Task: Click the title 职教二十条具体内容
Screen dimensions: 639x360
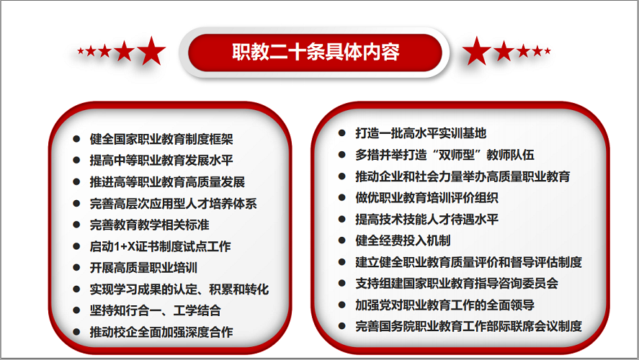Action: (x=316, y=52)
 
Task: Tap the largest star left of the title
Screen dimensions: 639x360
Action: (x=151, y=51)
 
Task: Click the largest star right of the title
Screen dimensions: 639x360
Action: (x=476, y=51)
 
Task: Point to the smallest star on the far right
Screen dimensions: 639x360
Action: (x=548, y=51)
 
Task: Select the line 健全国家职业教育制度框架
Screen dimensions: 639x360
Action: (x=161, y=139)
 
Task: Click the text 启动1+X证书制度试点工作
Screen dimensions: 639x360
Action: (x=160, y=246)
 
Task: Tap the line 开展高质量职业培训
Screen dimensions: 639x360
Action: (x=143, y=268)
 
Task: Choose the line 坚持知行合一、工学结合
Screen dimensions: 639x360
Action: (x=156, y=311)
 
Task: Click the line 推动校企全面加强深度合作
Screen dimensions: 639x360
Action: (x=161, y=332)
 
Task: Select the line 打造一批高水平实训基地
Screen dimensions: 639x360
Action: (x=421, y=133)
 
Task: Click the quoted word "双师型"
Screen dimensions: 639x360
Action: (x=459, y=155)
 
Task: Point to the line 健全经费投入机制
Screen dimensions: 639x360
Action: (x=403, y=240)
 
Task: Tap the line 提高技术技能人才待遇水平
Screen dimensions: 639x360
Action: (x=426, y=219)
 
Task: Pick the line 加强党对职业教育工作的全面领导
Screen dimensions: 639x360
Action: (x=444, y=305)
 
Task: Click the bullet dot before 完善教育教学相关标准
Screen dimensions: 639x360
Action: (x=76, y=225)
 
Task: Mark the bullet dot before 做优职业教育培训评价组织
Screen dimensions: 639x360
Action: (x=342, y=197)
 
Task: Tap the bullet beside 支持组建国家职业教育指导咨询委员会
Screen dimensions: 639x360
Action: (x=342, y=283)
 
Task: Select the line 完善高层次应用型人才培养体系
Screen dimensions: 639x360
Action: (x=173, y=204)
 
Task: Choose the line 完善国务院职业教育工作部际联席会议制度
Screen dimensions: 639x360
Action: (x=469, y=326)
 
